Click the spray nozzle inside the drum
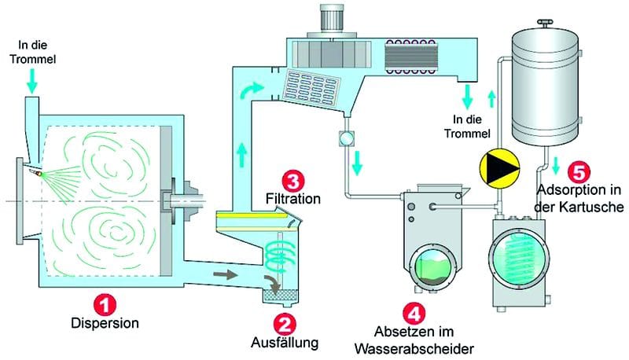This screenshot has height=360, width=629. tap(35, 171)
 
